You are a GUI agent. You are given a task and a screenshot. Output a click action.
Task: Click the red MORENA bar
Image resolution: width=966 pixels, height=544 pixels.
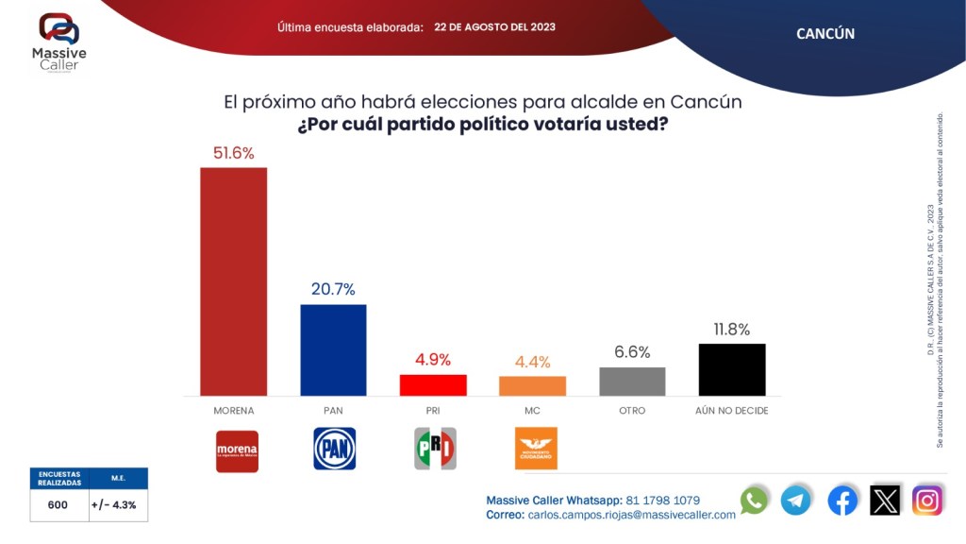point(233,281)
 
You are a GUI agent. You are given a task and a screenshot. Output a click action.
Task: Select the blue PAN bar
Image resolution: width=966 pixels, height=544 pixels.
point(333,349)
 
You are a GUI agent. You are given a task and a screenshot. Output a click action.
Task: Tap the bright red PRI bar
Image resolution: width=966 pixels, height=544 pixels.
point(433,385)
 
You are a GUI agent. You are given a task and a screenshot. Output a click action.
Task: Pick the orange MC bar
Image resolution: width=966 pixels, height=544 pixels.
point(532,386)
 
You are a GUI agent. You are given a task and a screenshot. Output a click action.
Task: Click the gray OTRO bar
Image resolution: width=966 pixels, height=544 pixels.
point(632,382)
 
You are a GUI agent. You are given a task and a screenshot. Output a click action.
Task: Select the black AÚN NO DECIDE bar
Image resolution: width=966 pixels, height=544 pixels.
point(731,369)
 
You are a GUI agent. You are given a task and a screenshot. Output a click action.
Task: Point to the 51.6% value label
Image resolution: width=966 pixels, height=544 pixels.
point(233,153)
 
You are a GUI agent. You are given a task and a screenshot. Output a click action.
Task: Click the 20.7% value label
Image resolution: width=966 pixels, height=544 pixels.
point(333,289)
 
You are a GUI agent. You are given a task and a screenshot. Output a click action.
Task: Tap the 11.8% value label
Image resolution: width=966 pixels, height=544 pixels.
point(731,329)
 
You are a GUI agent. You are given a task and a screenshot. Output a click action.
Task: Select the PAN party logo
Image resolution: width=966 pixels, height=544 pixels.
point(334,449)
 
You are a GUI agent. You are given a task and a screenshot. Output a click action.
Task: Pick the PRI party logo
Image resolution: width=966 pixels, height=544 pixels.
point(435,449)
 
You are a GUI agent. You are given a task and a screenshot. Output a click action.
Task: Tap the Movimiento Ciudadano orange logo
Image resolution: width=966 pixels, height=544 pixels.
point(536,449)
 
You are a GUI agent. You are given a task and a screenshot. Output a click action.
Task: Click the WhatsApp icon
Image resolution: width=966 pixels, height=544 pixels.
point(754,500)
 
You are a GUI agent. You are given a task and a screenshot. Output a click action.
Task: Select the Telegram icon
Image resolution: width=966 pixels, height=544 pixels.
point(795,500)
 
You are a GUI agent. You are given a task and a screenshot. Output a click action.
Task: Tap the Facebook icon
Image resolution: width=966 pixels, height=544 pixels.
point(842,500)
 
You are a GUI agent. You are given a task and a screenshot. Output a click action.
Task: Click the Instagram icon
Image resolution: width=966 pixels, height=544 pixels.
point(927,500)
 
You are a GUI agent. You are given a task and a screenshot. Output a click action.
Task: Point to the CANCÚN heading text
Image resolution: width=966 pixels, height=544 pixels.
point(825,33)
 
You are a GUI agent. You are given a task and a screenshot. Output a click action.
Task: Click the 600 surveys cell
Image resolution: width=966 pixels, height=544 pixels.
point(58,505)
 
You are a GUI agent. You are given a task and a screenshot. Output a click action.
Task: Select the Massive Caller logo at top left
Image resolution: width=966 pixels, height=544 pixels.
point(58,43)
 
